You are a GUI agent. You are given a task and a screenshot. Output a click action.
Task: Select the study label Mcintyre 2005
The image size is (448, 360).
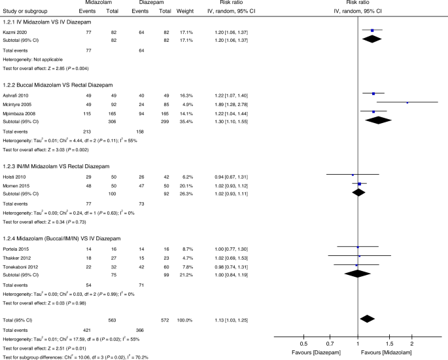[x=18, y=103]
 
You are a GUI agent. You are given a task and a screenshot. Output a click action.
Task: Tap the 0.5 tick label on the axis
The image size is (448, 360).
[x=303, y=343]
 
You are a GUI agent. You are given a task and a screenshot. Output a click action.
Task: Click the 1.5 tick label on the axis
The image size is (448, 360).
[x=389, y=343]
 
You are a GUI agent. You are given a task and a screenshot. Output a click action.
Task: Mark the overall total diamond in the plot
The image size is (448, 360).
[x=367, y=319]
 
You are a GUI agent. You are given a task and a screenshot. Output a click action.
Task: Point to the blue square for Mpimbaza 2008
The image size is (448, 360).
[x=373, y=112]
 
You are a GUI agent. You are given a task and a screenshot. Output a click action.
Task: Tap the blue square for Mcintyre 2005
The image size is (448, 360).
[x=407, y=103]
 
